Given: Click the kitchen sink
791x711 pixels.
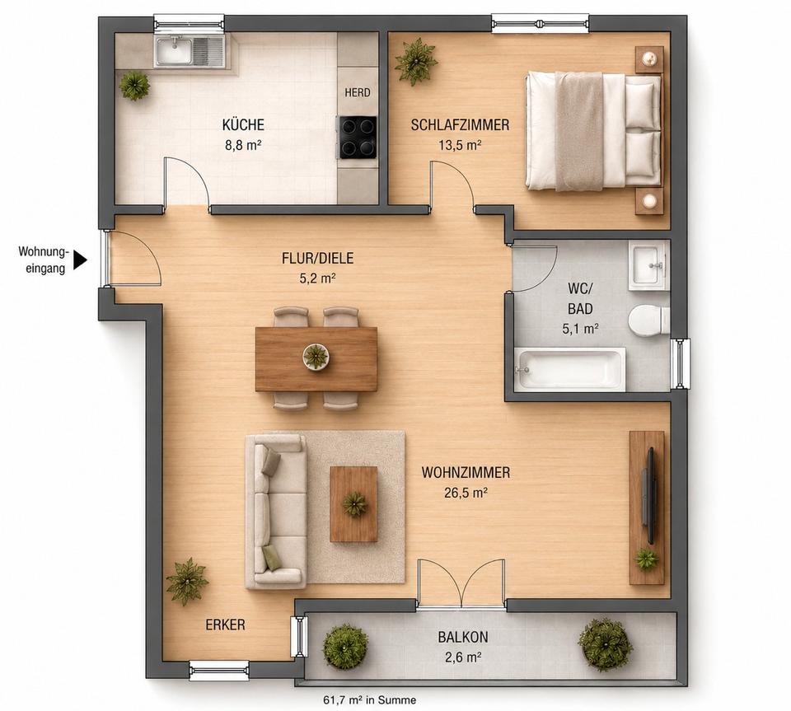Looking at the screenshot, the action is (x=190, y=51).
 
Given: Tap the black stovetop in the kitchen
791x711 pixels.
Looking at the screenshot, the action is (x=358, y=137).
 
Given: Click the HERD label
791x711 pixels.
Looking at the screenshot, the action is (x=358, y=92).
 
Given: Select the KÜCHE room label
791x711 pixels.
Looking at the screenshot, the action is (x=243, y=124).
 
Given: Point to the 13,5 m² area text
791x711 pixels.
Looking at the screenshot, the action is (x=460, y=146).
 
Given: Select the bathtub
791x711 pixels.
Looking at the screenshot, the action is (x=570, y=368).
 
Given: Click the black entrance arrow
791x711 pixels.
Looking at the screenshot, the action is (x=81, y=260).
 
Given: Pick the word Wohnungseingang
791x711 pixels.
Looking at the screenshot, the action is (x=42, y=260).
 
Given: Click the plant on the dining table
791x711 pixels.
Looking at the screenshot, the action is (x=316, y=356).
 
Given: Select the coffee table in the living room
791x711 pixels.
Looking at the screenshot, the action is (x=354, y=503).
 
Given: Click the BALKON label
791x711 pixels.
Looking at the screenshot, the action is (x=462, y=637).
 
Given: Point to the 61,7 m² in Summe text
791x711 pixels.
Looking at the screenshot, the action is (x=370, y=700).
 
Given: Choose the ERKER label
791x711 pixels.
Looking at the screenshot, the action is (x=225, y=624).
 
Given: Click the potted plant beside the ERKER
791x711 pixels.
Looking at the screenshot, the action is (x=187, y=582).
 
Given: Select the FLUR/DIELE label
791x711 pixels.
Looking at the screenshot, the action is (x=318, y=258).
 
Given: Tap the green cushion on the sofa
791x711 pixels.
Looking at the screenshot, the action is (x=272, y=559).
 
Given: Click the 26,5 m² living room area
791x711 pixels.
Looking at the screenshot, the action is (x=466, y=493).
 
